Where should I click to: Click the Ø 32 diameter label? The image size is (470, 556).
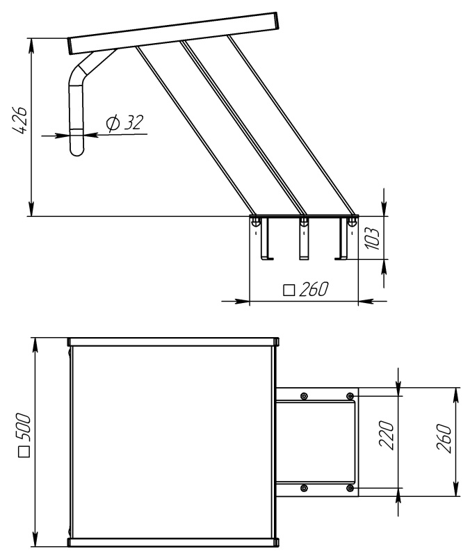coord(125,122)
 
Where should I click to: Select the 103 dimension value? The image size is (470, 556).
coord(373,238)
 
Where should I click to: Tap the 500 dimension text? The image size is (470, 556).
coord(24,427)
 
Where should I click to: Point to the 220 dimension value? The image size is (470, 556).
coord(387,435)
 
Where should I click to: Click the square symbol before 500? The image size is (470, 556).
coord(24,452)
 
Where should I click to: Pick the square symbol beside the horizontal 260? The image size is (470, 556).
coord(289,290)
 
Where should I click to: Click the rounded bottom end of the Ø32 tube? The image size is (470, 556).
coord(77,150)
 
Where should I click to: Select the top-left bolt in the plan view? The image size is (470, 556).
coord(304,395)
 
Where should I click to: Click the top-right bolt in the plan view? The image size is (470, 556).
coord(350,395)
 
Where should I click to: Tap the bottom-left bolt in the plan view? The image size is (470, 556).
coord(304,489)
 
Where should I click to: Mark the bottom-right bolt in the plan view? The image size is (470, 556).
coord(350,489)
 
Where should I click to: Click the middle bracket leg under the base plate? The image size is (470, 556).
coord(304,238)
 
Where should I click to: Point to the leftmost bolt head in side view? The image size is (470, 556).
coord(255,222)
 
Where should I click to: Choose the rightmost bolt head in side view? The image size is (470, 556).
coord(352,222)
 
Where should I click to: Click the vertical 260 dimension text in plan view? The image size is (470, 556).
coord(444,439)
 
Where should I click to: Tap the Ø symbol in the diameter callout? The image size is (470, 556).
coord(113,124)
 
